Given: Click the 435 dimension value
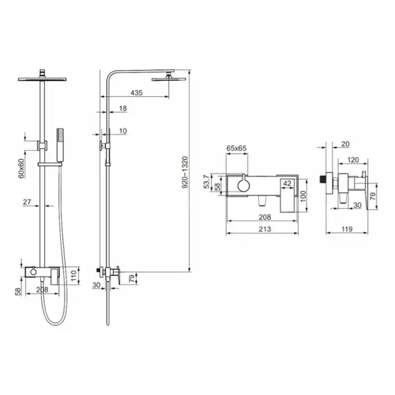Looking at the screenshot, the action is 136,93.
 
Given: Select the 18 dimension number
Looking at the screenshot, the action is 122,109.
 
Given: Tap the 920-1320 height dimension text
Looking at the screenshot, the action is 185,172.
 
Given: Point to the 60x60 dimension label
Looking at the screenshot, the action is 22,169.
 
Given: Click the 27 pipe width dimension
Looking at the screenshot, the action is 27,202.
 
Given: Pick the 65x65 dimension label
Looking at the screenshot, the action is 236,148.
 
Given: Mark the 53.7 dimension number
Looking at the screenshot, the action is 207,182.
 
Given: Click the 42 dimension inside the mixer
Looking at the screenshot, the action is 287,184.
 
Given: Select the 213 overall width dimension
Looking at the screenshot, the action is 265,229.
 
